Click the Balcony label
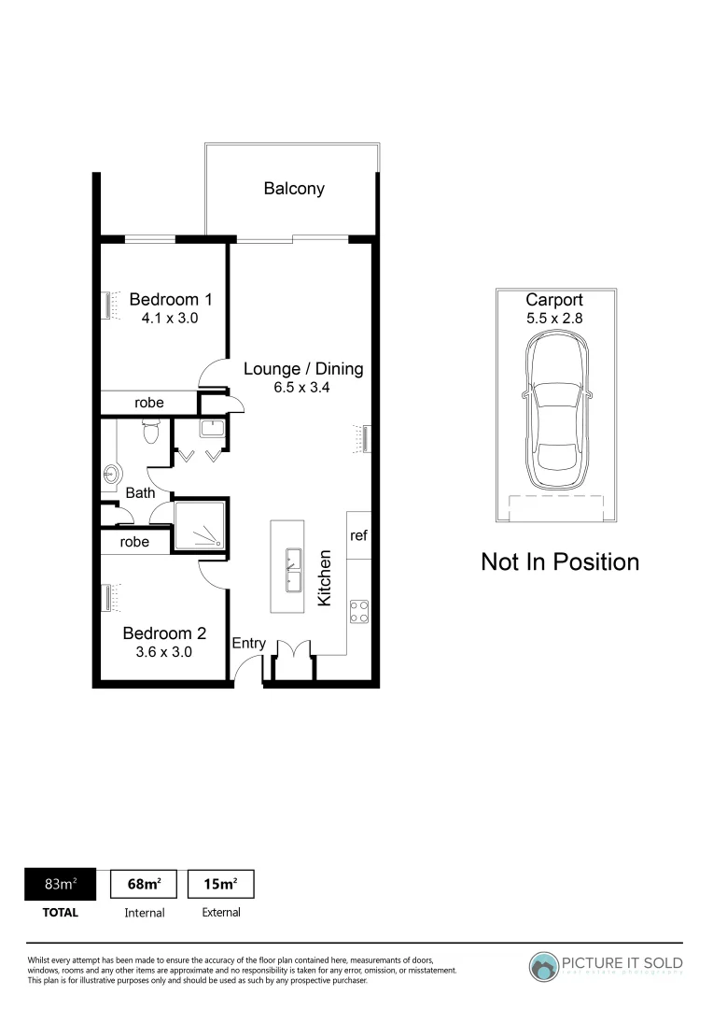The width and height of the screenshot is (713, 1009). click(294, 189)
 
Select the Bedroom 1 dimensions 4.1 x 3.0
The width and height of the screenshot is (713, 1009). click(171, 318)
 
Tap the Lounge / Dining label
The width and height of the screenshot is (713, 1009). click(303, 368)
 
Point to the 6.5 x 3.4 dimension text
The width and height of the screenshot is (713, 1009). click(303, 387)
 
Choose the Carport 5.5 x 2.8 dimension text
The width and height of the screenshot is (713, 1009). click(554, 318)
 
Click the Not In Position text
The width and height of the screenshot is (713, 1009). click(560, 561)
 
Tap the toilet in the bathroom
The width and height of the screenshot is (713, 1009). click(150, 431)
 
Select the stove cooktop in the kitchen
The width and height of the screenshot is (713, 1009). click(358, 612)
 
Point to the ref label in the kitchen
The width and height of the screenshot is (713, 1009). click(358, 535)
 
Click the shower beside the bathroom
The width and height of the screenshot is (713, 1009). click(200, 525)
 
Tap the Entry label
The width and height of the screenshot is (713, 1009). click(249, 643)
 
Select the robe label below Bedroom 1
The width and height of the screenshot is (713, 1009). click(149, 403)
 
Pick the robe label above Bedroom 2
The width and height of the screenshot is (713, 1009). click(134, 542)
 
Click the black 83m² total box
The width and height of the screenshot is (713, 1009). click(61, 884)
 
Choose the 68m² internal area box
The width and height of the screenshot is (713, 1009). click(145, 884)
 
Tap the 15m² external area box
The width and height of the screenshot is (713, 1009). click(221, 884)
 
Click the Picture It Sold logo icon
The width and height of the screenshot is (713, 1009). click(544, 968)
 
